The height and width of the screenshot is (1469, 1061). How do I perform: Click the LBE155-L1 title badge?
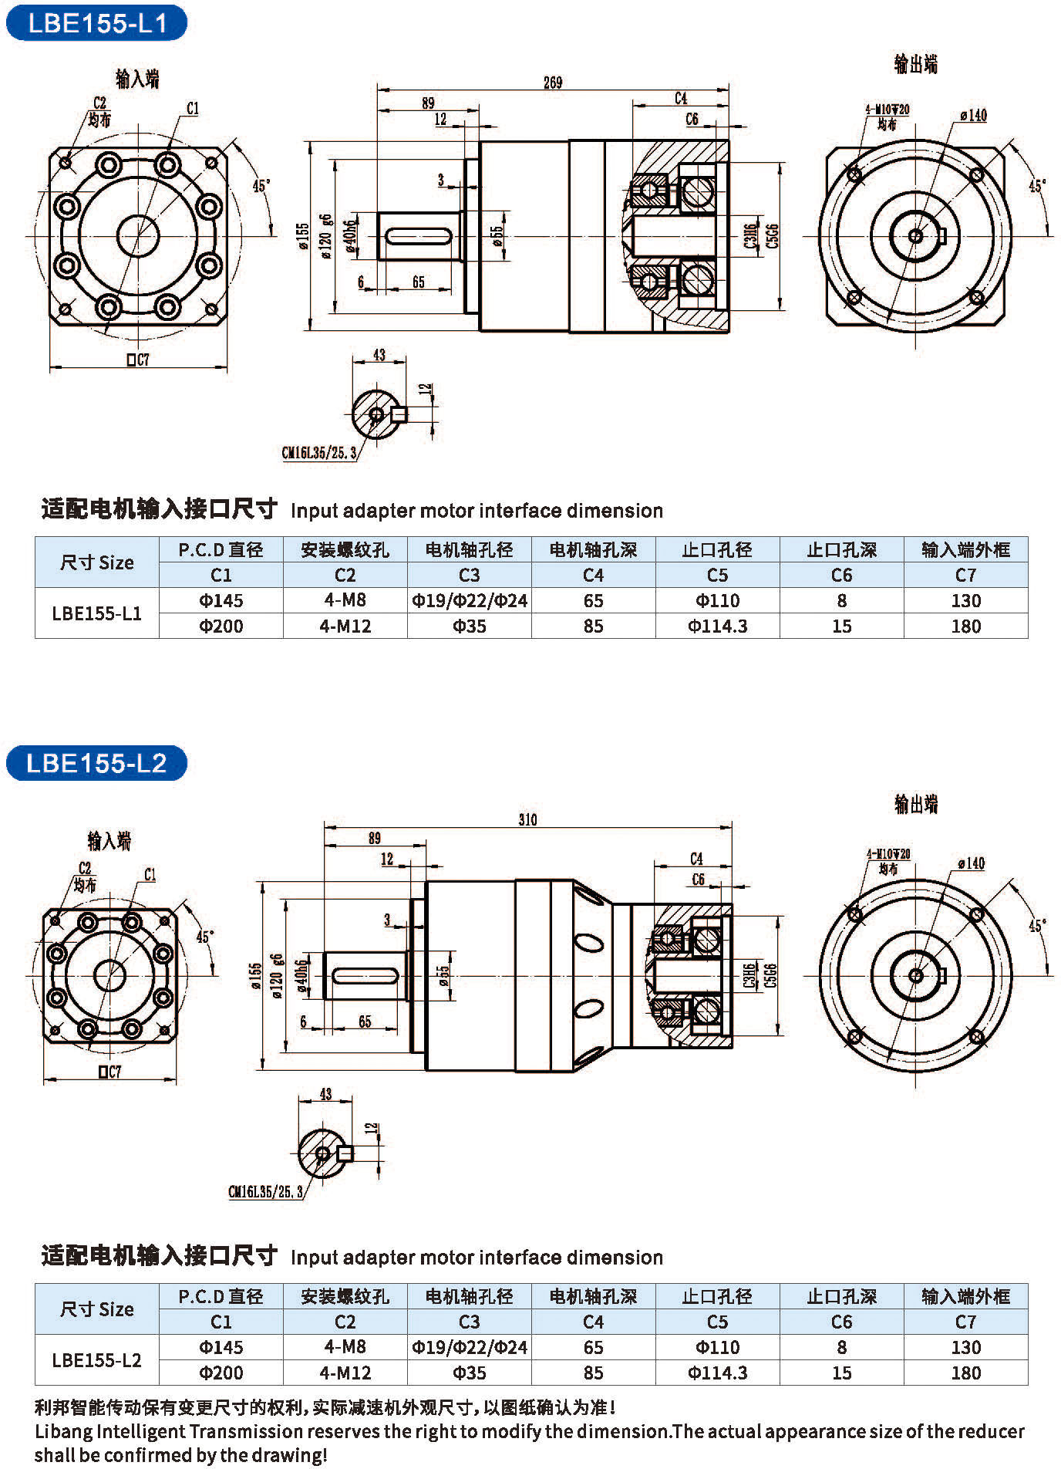pos(96,23)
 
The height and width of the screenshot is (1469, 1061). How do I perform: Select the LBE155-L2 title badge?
pos(96,763)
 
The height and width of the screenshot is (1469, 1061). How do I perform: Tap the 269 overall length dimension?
pos(553,83)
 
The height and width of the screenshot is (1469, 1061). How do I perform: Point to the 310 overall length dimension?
pos(527,819)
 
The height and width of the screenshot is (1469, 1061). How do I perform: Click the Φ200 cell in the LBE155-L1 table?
pos(221,626)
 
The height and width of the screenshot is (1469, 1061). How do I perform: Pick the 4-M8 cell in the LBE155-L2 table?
pos(345,1346)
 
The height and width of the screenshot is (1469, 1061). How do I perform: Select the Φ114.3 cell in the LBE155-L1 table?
pos(717,626)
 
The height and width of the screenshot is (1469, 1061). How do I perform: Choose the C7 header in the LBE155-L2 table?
pos(965,1322)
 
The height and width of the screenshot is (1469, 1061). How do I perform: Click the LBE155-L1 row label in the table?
pos(96,613)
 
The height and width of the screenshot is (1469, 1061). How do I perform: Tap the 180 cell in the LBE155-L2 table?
pos(965,1373)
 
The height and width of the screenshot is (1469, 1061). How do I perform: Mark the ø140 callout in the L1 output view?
pos(973,115)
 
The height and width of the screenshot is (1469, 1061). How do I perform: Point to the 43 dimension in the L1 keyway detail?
pos(379,355)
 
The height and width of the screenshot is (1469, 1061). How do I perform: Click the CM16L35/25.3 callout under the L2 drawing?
pos(265,1192)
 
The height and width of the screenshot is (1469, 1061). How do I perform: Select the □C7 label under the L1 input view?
pos(138,360)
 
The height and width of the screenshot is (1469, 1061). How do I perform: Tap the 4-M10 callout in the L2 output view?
pos(888,854)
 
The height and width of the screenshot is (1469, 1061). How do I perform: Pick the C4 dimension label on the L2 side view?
pos(696,859)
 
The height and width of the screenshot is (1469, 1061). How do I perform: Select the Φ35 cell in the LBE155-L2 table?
pos(469,1373)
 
